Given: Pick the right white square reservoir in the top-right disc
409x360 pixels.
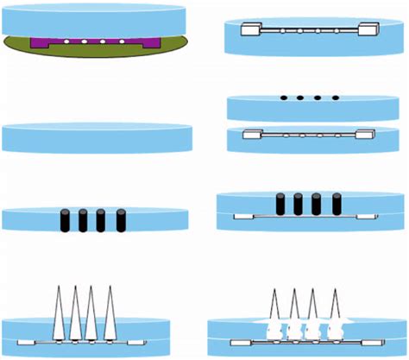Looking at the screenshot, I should click(371, 29).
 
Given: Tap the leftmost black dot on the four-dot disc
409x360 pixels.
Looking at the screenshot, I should click(283, 98).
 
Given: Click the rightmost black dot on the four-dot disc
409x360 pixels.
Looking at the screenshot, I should click(334, 98).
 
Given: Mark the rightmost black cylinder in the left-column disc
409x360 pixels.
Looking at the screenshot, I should click(116, 220).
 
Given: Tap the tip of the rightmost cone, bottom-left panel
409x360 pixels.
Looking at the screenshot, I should click(110, 286).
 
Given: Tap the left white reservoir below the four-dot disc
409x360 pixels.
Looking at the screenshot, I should click(253, 135).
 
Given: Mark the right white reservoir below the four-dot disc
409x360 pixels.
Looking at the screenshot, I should click(365, 135).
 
